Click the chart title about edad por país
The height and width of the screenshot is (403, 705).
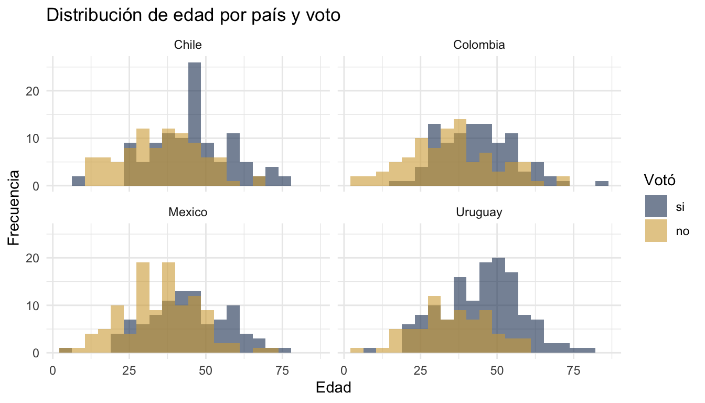click(x=194, y=16)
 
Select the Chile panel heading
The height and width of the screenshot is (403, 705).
click(x=188, y=45)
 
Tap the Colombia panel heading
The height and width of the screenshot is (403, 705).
click(x=479, y=45)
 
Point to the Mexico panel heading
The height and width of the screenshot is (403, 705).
click(x=188, y=213)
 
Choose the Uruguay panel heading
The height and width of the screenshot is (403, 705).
click(x=479, y=213)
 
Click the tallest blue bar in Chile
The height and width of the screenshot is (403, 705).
click(x=195, y=105)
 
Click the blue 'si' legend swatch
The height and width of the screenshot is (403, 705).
click(x=656, y=206)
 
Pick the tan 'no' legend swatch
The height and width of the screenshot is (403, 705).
click(x=656, y=231)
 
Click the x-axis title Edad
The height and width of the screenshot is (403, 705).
click(x=333, y=388)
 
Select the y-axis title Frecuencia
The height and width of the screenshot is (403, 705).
click(x=14, y=207)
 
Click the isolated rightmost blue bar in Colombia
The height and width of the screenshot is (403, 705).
click(x=602, y=184)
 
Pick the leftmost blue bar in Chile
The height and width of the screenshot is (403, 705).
click(x=78, y=181)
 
